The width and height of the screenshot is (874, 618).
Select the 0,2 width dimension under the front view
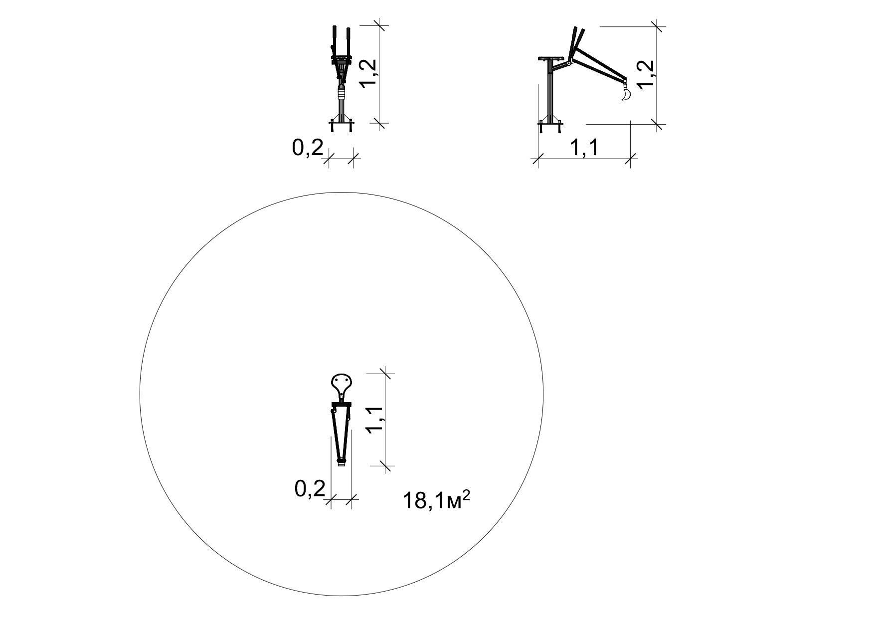tap(308, 148)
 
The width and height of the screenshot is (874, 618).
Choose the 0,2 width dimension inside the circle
tap(310, 489)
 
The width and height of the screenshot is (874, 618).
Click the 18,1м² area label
tap(436, 500)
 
